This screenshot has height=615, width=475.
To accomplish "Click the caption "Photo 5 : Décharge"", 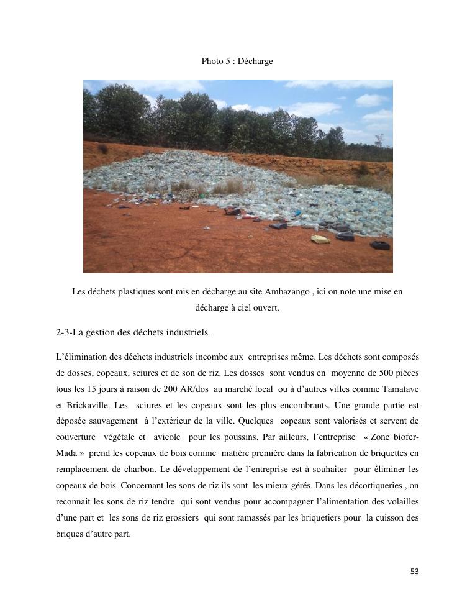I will tap(237, 61).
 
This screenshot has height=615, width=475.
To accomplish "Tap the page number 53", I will tap(415, 572).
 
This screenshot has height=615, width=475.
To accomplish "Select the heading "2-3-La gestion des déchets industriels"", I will tap(133, 332).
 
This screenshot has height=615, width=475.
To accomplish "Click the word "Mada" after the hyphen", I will tap(67, 453).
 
